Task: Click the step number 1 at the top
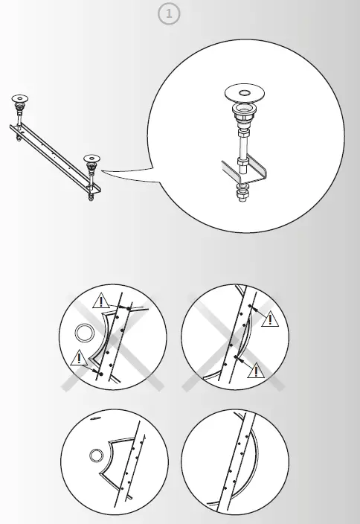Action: click(169, 16)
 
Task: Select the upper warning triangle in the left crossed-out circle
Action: click(101, 301)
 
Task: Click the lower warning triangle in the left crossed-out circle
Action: click(78, 359)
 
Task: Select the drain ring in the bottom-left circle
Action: click(95, 456)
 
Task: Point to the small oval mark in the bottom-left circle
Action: click(95, 419)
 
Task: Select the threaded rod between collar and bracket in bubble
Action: click(243, 145)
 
